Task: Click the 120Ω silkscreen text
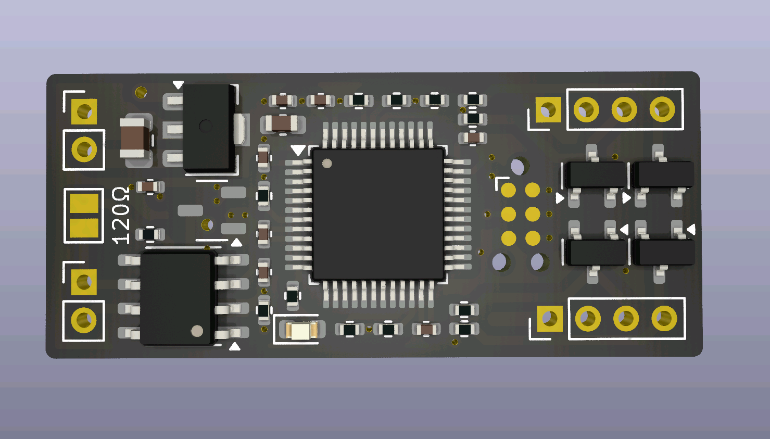coord(121,216)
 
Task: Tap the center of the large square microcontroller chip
coord(378,214)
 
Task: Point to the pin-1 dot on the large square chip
coord(327,164)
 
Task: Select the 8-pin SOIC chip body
coord(178,298)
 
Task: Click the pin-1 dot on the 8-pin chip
coord(197,331)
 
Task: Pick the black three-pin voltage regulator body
coord(209,128)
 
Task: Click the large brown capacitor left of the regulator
coord(135,138)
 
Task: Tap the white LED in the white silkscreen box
coord(299,330)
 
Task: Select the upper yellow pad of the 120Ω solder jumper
coord(84,203)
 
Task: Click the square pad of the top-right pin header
coord(548,110)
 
